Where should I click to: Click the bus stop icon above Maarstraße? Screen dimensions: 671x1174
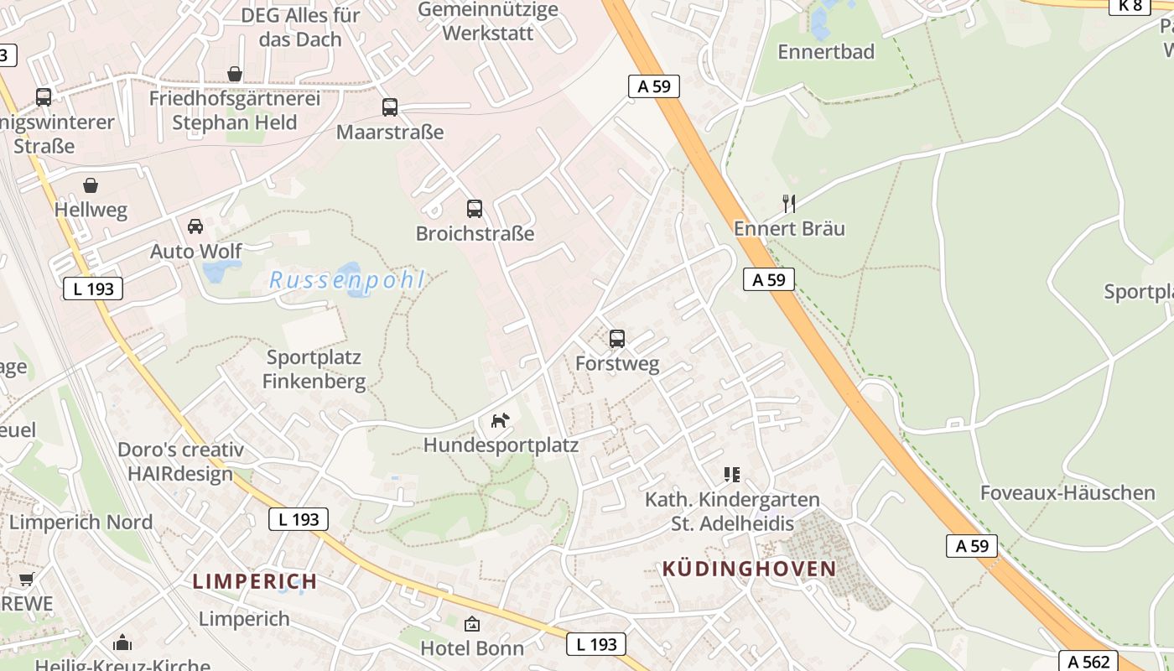coord(390,107)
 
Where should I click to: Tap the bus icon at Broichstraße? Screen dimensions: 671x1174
coord(475,209)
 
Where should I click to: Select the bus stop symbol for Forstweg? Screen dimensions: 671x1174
coord(617,339)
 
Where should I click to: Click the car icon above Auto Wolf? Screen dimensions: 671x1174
coord(195,226)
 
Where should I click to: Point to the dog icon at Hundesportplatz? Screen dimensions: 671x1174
coord(501,420)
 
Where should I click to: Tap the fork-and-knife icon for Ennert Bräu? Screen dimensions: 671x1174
coord(788,203)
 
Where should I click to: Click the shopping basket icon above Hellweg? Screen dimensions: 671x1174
coord(91,185)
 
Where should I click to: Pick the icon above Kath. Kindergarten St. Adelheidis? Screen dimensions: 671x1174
coord(732,475)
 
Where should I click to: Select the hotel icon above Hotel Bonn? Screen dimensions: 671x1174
coord(472,624)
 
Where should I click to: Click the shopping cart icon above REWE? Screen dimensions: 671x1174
coord(27,579)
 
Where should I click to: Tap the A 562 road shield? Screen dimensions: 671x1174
coord(1089,662)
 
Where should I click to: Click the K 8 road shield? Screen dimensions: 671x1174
coord(1130,6)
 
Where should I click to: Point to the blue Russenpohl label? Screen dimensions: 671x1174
coord(347,280)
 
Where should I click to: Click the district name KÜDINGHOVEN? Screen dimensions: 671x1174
coord(749,569)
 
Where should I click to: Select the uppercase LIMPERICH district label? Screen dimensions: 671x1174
coord(255,581)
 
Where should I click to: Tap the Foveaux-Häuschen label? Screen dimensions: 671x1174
coord(1068,492)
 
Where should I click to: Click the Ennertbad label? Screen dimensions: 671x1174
coord(826,52)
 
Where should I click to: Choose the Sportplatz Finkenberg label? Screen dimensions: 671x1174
coord(314,370)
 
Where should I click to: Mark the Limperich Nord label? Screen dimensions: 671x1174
coord(81,523)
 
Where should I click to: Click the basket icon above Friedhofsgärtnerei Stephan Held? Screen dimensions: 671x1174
coord(235,75)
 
